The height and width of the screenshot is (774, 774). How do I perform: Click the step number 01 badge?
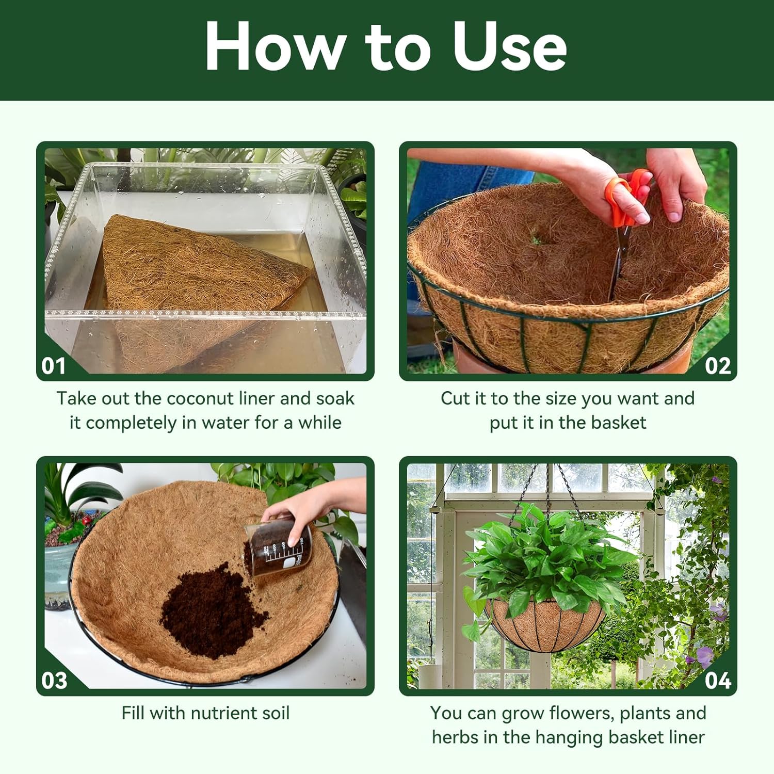click(54, 366)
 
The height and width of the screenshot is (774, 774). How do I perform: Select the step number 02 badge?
click(718, 366)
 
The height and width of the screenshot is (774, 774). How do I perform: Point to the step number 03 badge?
click(54, 681)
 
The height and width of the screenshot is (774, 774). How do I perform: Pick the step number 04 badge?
click(718, 681)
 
